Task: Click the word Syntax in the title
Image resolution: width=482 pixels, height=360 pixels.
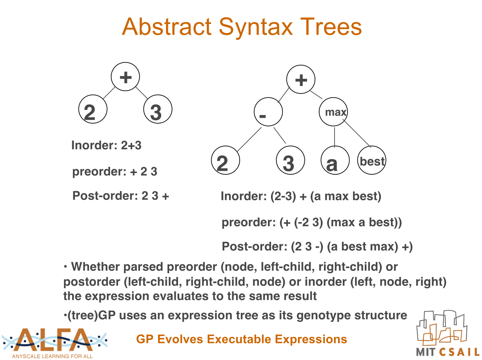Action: (256, 27)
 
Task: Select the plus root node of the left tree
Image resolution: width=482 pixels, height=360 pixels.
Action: (125, 77)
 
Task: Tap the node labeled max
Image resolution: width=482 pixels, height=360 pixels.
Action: (333, 112)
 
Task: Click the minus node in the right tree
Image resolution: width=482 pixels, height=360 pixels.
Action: (268, 112)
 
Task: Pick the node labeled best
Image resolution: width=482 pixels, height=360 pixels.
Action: (372, 160)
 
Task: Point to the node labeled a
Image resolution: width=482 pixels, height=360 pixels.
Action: (335, 160)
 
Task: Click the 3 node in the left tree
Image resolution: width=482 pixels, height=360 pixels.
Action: (158, 109)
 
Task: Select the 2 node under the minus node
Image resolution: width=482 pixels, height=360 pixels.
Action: (226, 160)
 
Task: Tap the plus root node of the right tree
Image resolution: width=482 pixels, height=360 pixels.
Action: (301, 79)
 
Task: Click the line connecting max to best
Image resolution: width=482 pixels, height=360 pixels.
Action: (357, 133)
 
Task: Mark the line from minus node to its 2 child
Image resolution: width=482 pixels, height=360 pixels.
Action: (249, 139)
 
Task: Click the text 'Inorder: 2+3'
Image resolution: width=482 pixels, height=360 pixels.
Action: (107, 145)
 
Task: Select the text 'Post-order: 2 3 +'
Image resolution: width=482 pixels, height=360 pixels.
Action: (121, 196)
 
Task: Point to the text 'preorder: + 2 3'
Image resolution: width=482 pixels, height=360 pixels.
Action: (115, 172)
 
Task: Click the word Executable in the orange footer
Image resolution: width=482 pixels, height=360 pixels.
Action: (240, 339)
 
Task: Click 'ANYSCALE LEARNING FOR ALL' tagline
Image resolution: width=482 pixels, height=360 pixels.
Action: (53, 356)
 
